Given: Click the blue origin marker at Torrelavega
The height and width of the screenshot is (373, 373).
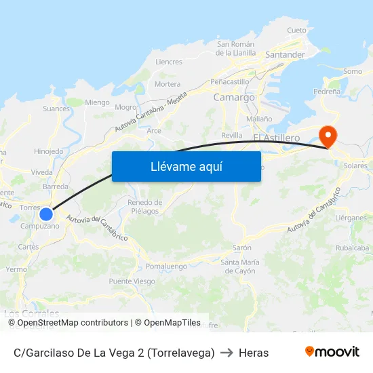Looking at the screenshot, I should tap(46, 214).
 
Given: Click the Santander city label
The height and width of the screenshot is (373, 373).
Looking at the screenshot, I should tap(285, 54).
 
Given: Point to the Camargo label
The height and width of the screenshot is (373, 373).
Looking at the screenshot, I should tap(234, 98).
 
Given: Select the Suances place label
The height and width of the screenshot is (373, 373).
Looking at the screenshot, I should tap(56, 109).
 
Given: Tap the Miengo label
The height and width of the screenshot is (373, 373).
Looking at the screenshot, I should tap(98, 102).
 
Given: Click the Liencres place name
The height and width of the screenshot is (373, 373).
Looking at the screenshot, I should tap(169, 62).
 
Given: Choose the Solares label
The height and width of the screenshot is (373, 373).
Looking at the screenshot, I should tap(355, 165).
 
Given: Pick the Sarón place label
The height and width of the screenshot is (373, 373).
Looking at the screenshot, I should tap(242, 248).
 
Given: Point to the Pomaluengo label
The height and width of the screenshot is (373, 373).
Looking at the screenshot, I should tap(166, 267).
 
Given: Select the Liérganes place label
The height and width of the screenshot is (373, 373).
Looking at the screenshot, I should tap(351, 218).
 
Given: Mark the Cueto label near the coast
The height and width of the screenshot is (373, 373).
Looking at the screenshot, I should tap(297, 31).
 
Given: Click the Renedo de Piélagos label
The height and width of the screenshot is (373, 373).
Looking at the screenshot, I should tap(145, 207).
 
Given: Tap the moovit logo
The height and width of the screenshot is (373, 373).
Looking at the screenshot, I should tap(332, 352).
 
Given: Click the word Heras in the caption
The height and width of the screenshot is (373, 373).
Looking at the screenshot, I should tap(254, 353).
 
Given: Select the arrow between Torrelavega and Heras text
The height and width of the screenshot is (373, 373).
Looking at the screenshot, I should tap(227, 353).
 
